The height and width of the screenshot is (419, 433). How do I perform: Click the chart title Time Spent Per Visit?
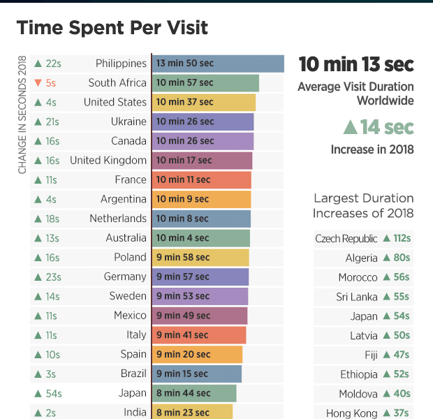coord(112,28)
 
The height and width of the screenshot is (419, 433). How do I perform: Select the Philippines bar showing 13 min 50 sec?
coord(217,64)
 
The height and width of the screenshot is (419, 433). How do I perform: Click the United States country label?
coord(115,102)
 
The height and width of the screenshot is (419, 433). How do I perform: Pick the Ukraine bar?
coord(203,122)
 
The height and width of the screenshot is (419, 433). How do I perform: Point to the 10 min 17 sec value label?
coord(184,161)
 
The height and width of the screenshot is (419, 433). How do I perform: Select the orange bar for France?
coord(201,179)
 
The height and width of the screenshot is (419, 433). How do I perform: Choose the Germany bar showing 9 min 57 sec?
coord(200,277)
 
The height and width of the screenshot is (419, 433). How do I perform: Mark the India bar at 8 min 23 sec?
coord(192,412)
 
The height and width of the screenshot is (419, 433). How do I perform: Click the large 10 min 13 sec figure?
coord(356,65)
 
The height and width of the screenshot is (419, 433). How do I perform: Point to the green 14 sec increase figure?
coord(378,127)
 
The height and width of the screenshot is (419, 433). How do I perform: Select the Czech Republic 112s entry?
coord(363,239)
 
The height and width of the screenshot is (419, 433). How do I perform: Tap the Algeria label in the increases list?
coord(361,258)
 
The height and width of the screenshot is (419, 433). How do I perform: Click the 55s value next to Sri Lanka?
coord(402,297)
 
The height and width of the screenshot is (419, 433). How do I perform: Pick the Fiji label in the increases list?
coord(371,355)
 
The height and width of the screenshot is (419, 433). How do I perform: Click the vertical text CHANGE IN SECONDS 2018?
coord(22,115)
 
